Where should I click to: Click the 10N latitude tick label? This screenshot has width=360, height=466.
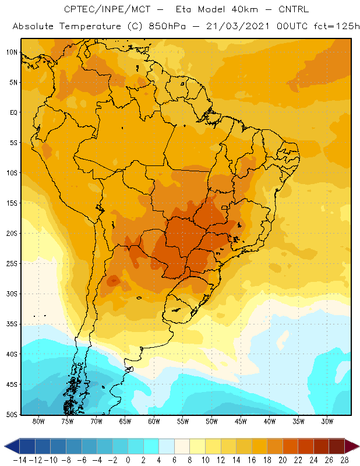(x=12, y=52)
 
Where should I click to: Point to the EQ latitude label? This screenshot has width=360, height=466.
(x=13, y=112)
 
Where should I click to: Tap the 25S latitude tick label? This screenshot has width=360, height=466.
(x=12, y=264)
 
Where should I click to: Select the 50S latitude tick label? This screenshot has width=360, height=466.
(x=12, y=414)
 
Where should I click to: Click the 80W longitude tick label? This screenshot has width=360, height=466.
(x=38, y=421)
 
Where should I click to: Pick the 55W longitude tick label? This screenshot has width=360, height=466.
(x=183, y=421)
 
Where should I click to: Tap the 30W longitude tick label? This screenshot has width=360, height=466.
(x=327, y=421)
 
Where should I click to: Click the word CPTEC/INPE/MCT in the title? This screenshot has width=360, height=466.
(x=107, y=9)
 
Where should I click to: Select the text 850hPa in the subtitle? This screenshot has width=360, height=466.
(x=167, y=26)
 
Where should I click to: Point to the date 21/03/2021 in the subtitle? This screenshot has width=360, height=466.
(x=238, y=26)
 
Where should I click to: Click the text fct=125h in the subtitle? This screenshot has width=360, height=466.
(x=336, y=26)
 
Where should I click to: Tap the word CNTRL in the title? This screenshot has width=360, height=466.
(x=294, y=9)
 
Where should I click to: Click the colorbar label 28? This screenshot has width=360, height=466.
(x=344, y=460)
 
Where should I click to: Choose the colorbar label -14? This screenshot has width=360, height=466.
(x=20, y=460)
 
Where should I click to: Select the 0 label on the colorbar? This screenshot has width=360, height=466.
(x=128, y=460)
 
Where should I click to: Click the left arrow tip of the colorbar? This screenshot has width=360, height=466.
(x=5, y=446)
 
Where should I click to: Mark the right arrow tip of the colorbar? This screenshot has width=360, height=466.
(x=359, y=446)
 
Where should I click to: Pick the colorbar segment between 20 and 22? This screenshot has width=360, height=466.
(x=291, y=446)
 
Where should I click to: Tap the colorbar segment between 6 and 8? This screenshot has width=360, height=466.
(x=182, y=446)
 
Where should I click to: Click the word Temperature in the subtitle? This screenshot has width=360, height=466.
(x=90, y=26)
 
